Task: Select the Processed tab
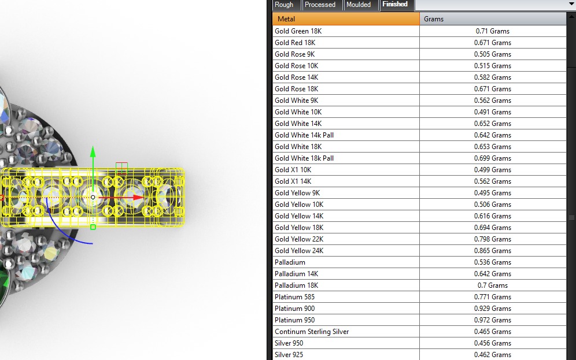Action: pyautogui.click(x=320, y=5)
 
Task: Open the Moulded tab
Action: pyautogui.click(x=358, y=5)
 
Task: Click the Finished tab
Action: pyautogui.click(x=395, y=5)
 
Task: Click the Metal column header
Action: pyautogui.click(x=346, y=19)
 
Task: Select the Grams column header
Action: pyautogui.click(x=493, y=19)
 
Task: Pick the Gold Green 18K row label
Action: pyautogui.click(x=298, y=31)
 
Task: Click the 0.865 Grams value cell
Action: pyautogui.click(x=492, y=251)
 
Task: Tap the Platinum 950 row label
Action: pyautogui.click(x=294, y=320)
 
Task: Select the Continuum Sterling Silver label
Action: pyautogui.click(x=312, y=332)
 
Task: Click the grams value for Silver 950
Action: pyautogui.click(x=492, y=343)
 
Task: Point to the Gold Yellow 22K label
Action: pyautogui.click(x=299, y=239)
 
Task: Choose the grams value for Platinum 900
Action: pyautogui.click(x=492, y=309)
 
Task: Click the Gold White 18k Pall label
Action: pyautogui.click(x=304, y=158)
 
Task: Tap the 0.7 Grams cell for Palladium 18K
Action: pyautogui.click(x=492, y=285)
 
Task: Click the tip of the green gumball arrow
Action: pyautogui.click(x=93, y=147)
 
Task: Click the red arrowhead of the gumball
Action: pyautogui.click(x=138, y=198)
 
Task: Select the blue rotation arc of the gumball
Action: pyautogui.click(x=61, y=231)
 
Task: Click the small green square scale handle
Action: pyautogui.click(x=93, y=227)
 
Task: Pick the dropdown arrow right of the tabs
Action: pyautogui.click(x=571, y=4)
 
